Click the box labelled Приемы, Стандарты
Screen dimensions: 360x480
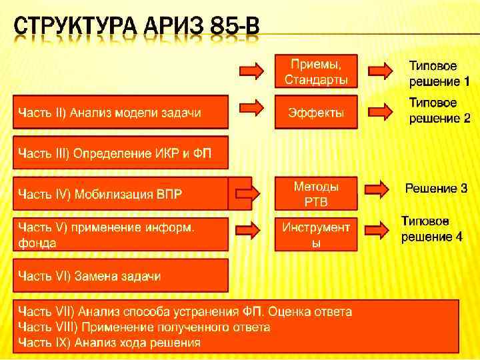tap(316, 71)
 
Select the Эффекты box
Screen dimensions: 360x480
tap(316, 113)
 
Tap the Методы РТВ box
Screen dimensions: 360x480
tap(316, 194)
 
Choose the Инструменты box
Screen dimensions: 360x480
tap(316, 235)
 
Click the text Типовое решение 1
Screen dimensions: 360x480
tap(439, 74)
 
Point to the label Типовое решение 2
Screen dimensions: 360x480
tap(439, 111)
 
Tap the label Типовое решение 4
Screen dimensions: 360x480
tap(431, 229)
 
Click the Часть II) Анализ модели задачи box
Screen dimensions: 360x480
tap(121, 112)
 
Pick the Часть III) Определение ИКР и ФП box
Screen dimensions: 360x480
tap(121, 153)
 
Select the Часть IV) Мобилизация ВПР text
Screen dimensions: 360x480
tap(100, 194)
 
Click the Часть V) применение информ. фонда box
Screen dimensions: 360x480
tap(121, 235)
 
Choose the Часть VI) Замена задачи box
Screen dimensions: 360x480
tap(121, 275)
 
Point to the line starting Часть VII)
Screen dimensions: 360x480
tap(185, 311)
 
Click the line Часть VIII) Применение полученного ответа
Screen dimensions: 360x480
tap(144, 327)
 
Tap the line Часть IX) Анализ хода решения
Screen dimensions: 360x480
tap(109, 343)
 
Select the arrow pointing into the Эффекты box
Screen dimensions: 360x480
tap(251, 108)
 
